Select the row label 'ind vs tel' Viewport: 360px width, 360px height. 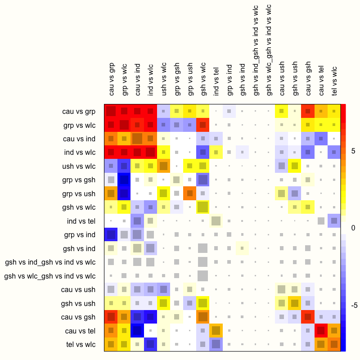tap(81, 221)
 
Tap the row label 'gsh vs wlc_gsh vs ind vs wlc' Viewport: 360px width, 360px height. tap(50, 276)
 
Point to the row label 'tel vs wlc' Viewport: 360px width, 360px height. tap(81, 345)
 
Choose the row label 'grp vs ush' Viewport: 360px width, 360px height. tap(81, 193)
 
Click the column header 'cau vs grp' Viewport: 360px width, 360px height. tap(112, 79)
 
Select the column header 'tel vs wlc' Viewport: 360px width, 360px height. tap(334, 81)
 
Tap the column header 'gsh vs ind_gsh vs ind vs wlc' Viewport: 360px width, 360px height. tap(256, 50)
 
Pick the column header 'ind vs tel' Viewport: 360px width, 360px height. tap(216, 81)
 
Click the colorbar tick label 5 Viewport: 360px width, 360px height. tap(353, 151)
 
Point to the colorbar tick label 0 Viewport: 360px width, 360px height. tap(353, 228)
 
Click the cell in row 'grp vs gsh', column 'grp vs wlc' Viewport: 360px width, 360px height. tap(124, 180)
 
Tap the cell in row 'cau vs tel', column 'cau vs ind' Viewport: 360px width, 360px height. tap(138, 331)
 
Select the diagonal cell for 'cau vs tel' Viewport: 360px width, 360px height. tap(321, 331)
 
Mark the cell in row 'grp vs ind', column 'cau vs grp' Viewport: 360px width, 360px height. tap(111, 234)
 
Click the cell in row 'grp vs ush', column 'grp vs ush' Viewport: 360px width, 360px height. tap(190, 193)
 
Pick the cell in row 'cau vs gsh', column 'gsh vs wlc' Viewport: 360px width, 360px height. tap(203, 317)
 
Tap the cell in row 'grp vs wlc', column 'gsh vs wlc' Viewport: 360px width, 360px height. tap(203, 125)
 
